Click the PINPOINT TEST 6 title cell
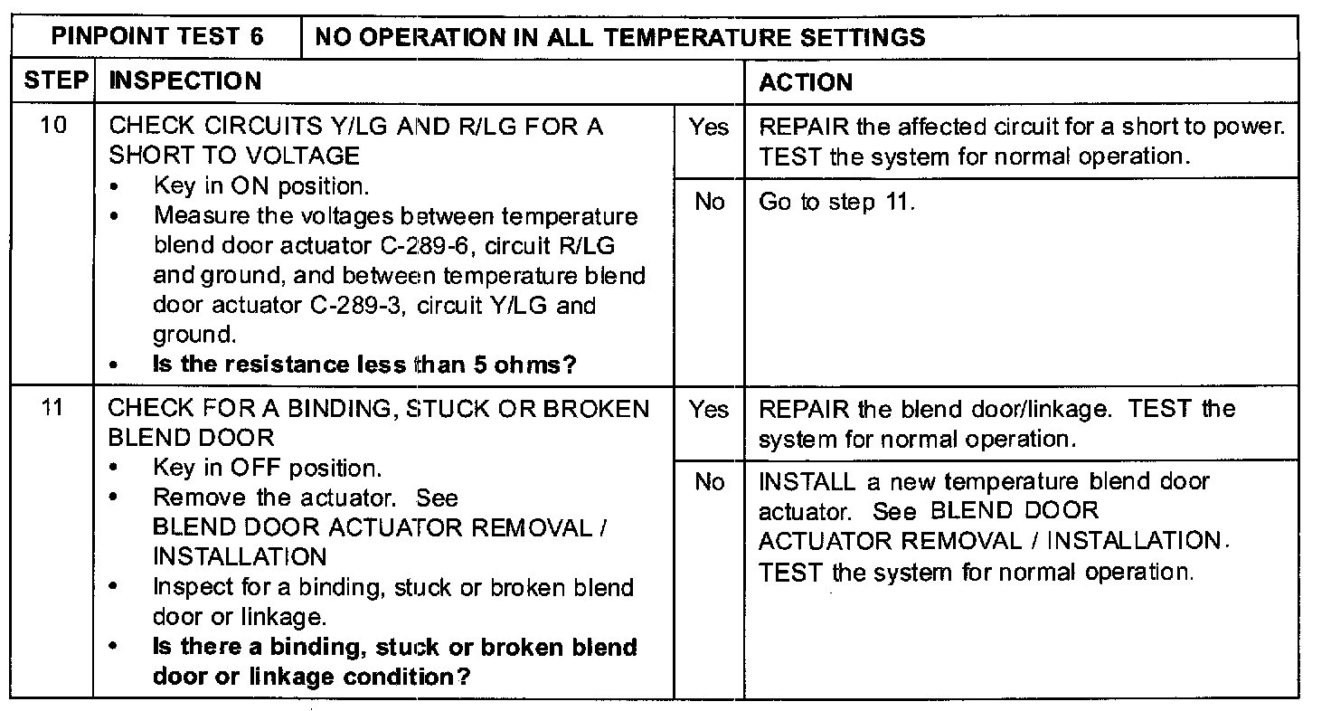tap(158, 37)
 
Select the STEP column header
tap(54, 81)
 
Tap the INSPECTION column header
tap(184, 81)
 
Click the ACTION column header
tap(806, 82)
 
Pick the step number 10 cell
tap(54, 127)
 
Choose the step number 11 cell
tap(54, 409)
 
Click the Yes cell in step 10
tap(708, 128)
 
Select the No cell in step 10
tap(708, 202)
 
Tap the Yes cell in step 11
tap(708, 410)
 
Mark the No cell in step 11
tap(708, 483)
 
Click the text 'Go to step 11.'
tap(836, 202)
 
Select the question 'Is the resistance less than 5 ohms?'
tap(365, 365)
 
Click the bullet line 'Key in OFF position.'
tap(267, 469)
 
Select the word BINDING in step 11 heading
tap(345, 409)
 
